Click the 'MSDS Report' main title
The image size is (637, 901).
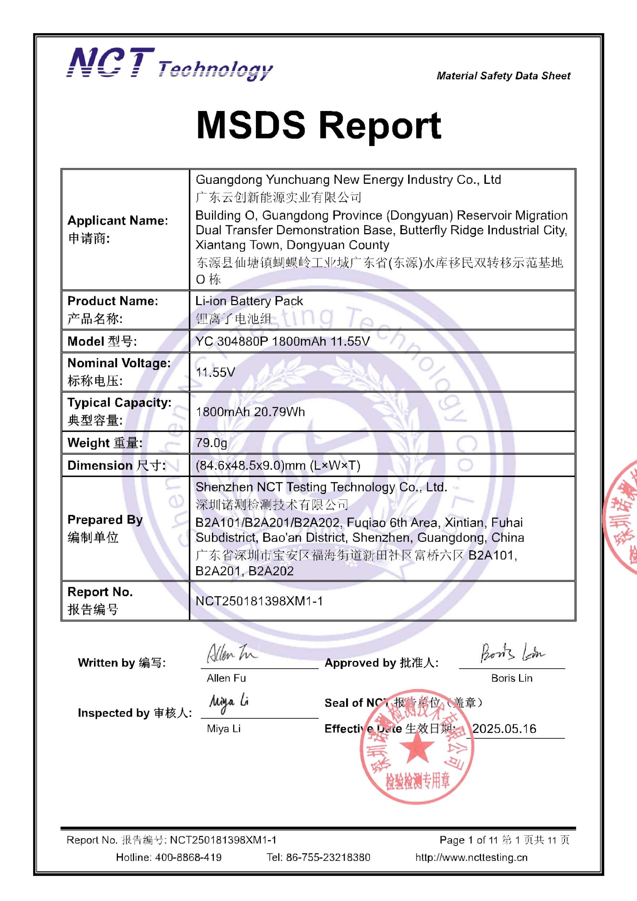pos(318,125)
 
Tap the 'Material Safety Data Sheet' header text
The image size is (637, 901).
pos(503,76)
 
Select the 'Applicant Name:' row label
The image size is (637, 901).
pos(118,221)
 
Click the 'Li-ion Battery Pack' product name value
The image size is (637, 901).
pos(249,301)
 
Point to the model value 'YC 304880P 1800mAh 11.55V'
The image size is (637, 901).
pos(282,341)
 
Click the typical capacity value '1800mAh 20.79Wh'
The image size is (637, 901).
pos(250,412)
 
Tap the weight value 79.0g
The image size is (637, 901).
pos(211,443)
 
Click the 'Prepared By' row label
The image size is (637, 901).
pos(105,520)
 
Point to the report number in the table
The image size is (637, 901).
pos(259,601)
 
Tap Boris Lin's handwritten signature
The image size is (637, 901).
pos(512,653)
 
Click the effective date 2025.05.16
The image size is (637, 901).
pos(504,729)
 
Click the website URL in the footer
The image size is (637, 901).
pos(472,857)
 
